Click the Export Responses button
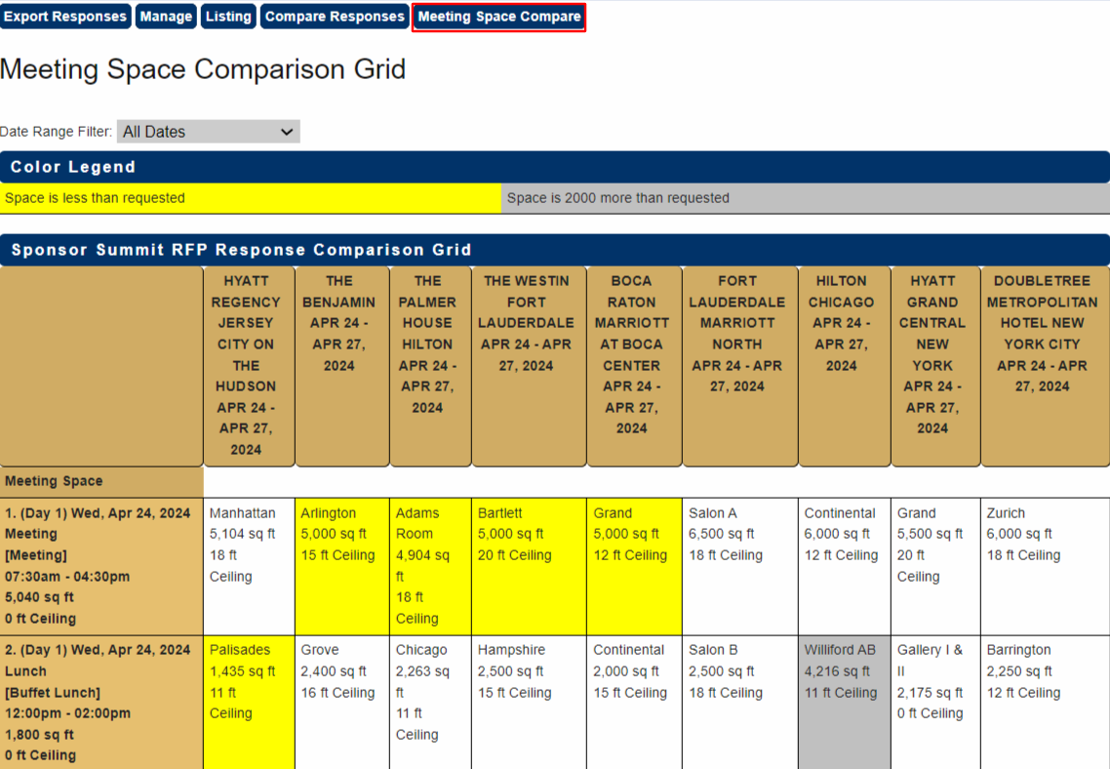tap(65, 17)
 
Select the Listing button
tap(228, 17)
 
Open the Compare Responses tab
tap(335, 17)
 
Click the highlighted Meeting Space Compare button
tap(498, 17)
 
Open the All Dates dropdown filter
tap(208, 132)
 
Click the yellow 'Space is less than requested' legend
tap(250, 198)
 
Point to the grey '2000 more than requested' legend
tap(805, 198)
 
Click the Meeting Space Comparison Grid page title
tap(203, 70)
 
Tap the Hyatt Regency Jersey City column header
tap(246, 365)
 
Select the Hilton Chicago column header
tap(842, 323)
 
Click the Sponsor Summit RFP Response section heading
tap(242, 250)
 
